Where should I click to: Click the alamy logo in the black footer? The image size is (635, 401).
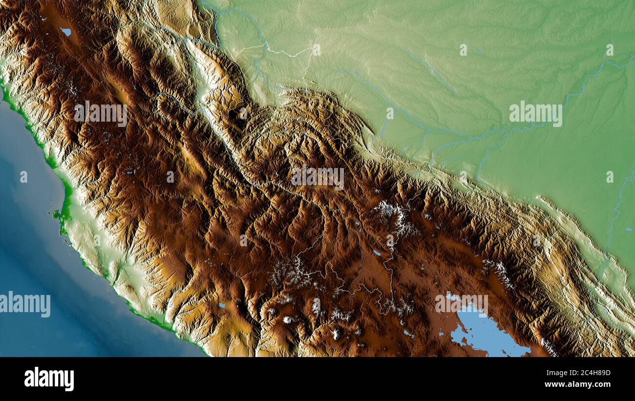(49, 379)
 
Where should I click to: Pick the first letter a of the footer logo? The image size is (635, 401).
(28, 380)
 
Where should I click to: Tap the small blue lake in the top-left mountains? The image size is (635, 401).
(65, 32)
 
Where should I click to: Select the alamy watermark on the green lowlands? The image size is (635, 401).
(535, 114)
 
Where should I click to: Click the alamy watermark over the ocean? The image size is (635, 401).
(25, 304)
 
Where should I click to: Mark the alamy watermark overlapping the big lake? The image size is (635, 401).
(461, 304)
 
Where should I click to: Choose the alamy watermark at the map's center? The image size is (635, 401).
(317, 177)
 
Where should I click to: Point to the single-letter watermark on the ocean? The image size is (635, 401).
(23, 177)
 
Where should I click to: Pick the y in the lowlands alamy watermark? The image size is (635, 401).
(558, 115)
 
